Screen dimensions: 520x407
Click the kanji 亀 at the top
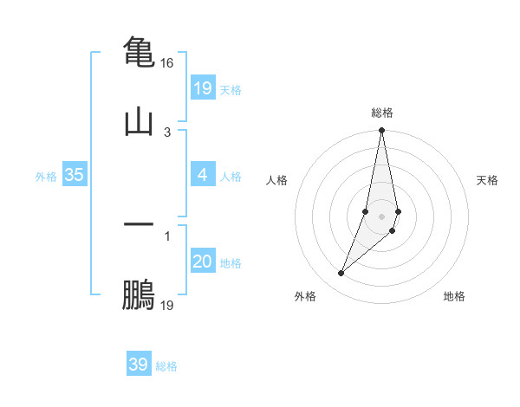[139, 51]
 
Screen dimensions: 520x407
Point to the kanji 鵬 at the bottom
[139, 294]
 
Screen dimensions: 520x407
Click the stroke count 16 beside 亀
[167, 63]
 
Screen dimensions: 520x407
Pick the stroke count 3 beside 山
[167, 132]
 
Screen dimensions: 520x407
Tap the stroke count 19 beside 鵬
[167, 305]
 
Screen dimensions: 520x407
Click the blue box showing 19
[202, 88]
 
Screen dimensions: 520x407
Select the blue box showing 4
[202, 175]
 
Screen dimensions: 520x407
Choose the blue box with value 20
[202, 262]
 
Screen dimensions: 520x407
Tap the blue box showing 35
[74, 175]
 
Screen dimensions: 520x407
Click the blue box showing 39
[138, 365]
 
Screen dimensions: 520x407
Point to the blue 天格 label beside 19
[231, 89]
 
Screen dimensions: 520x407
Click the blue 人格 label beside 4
[231, 176]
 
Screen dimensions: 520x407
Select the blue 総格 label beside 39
[166, 365]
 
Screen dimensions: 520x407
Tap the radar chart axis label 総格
[382, 113]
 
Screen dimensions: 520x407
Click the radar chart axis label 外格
[305, 296]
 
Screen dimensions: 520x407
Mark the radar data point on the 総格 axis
[381, 131]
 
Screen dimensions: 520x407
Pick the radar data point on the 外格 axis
[341, 274]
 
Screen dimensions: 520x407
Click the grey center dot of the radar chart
[381, 216]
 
